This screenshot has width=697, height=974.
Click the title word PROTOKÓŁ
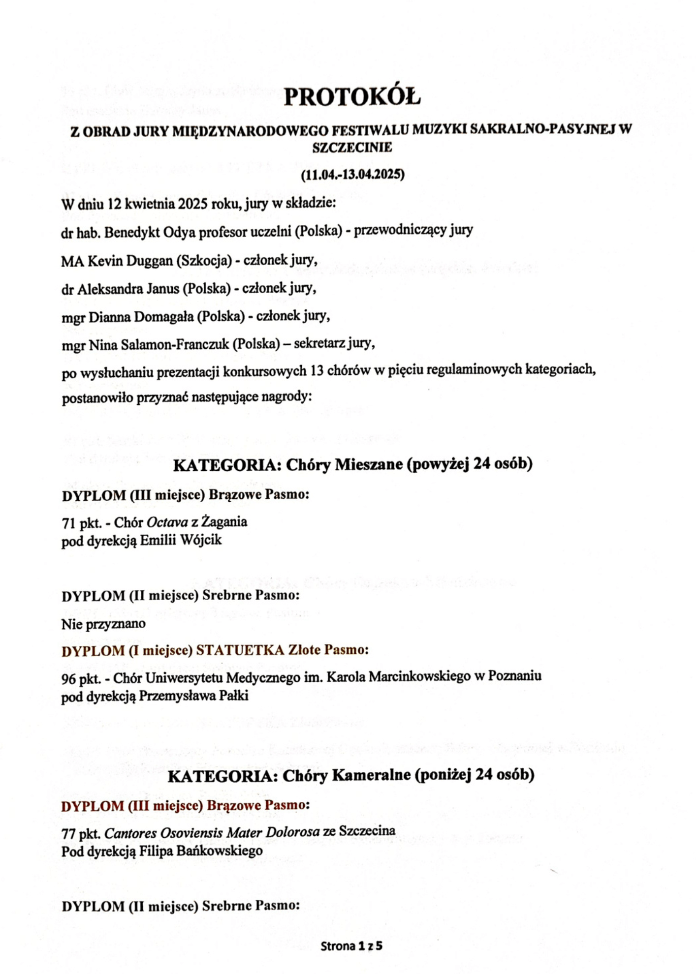[x=352, y=97]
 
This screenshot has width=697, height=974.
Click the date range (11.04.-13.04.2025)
[x=352, y=175]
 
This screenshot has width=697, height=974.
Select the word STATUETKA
[x=240, y=650]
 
